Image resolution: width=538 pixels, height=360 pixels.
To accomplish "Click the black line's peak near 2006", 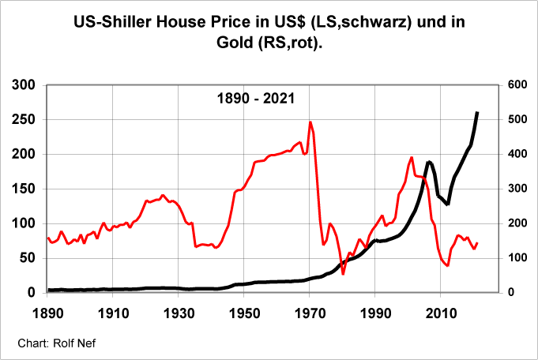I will [429, 162].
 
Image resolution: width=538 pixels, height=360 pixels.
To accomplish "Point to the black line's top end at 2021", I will [477, 112].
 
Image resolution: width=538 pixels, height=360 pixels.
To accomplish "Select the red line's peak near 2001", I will [412, 157].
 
